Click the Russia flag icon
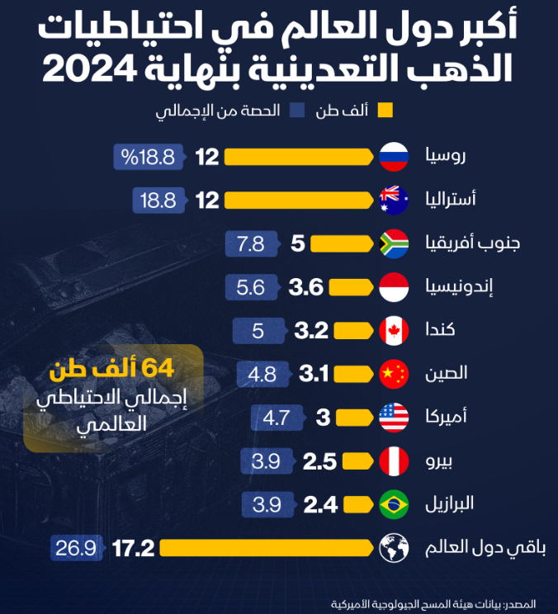click(x=394, y=156)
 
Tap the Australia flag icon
click(x=394, y=200)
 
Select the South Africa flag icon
click(x=394, y=243)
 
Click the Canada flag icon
click(x=394, y=331)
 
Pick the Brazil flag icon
click(x=394, y=504)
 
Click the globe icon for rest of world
click(x=394, y=548)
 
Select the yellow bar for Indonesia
click(x=351, y=287)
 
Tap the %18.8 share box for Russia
click(x=149, y=156)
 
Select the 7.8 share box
click(x=251, y=243)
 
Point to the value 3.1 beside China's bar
click(x=314, y=375)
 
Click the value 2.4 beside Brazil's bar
click(x=320, y=504)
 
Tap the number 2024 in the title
click(x=93, y=69)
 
